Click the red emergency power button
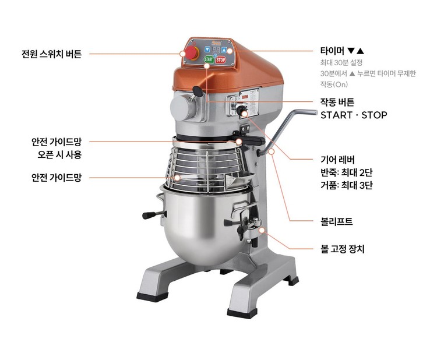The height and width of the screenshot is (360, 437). point(192,53)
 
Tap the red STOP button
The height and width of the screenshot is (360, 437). point(220,59)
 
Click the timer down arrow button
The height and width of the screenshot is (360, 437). point(207,50)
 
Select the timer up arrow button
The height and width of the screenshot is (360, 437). point(224,50)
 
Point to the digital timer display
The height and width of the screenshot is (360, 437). point(216,50)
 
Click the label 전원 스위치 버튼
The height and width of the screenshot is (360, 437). point(51,54)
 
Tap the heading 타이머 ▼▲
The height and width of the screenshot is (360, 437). point(342,51)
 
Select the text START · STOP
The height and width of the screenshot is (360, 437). point(354,115)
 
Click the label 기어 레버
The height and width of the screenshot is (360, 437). point(337,160)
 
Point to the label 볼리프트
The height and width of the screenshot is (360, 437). point(337,221)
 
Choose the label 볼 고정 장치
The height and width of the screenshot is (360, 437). point(343,249)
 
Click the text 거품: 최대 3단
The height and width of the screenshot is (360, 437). point(347,185)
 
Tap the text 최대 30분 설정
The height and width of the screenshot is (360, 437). point(341,62)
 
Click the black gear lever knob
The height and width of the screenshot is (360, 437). point(241,110)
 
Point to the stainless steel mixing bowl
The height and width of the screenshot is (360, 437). point(206,225)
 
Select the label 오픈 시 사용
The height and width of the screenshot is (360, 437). point(59,154)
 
